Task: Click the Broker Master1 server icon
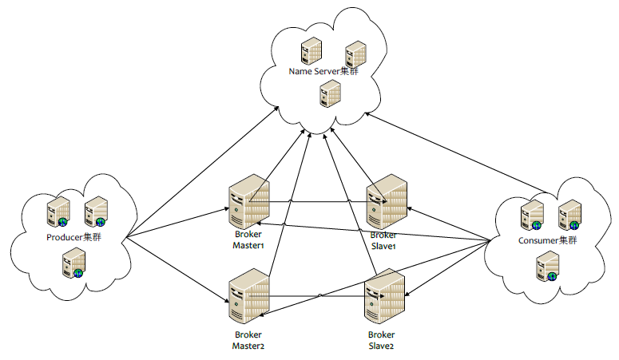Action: click(249, 201)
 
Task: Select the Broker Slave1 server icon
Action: click(387, 201)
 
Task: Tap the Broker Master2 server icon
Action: click(249, 296)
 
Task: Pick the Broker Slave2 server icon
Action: click(385, 296)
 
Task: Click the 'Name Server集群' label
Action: click(323, 72)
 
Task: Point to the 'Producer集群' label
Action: click(73, 237)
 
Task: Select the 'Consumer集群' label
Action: click(548, 240)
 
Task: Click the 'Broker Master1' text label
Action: click(248, 239)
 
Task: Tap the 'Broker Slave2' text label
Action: click(381, 340)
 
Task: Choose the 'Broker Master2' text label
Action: click(248, 340)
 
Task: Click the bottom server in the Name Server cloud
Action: click(330, 93)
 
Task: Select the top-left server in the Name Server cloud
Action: click(311, 51)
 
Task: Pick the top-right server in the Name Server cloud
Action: click(355, 54)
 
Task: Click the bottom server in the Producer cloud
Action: click(73, 263)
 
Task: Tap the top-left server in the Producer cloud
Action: click(58, 212)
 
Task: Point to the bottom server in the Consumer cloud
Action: click(548, 267)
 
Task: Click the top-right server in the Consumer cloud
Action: click(569, 216)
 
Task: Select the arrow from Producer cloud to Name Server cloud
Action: click(203, 172)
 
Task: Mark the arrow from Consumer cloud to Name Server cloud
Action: click(456, 153)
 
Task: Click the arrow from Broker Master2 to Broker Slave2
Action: click(316, 295)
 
